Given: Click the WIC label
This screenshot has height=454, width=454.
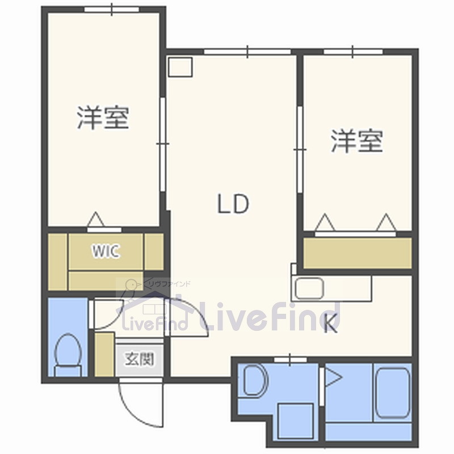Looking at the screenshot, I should [x=106, y=251].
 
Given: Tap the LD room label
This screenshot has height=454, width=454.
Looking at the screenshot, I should [x=233, y=204].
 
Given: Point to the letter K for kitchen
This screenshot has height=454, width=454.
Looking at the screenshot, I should [x=331, y=325].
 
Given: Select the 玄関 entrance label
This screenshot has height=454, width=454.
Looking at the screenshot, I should [x=139, y=359].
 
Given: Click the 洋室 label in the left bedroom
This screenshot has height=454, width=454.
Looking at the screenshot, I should [x=103, y=117].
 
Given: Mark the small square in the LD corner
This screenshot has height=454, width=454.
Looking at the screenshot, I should [x=181, y=68].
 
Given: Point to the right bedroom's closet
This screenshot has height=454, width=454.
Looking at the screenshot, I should [x=358, y=253].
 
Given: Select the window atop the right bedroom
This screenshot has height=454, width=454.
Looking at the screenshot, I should [x=352, y=52].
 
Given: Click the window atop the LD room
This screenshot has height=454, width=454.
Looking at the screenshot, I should [x=247, y=52].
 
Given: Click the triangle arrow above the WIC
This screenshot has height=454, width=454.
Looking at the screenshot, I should [x=96, y=220].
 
